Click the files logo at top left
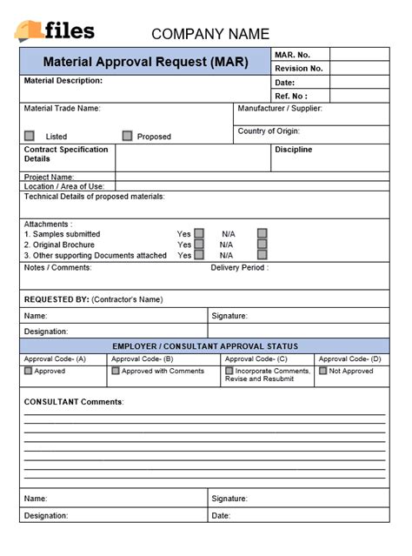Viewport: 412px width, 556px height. [x=54, y=30]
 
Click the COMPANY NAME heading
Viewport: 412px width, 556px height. [x=210, y=35]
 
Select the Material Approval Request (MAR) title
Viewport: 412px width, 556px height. [x=145, y=63]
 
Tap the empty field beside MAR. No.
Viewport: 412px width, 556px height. [x=359, y=54]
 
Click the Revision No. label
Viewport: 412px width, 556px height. [x=298, y=68]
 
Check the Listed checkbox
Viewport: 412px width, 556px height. [x=30, y=136]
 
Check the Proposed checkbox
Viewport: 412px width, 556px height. [x=127, y=136]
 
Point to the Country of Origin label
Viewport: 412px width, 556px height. [x=269, y=131]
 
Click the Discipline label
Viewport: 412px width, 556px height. [x=293, y=150]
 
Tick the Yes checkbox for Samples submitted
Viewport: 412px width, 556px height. [x=199, y=233]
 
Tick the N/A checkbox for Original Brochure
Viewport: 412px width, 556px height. [x=262, y=245]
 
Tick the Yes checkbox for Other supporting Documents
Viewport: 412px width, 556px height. [x=199, y=255]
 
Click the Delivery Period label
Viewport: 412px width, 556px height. [x=239, y=268]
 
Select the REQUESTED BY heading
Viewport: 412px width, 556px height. [x=93, y=299]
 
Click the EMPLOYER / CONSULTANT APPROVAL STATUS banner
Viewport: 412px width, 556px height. [x=205, y=346]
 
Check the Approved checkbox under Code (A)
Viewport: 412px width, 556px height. [x=29, y=371]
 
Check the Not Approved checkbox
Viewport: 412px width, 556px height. [x=322, y=371]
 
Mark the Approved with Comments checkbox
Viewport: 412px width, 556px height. [x=116, y=371]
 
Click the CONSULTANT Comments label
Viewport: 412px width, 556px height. [x=74, y=402]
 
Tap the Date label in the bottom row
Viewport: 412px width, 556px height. [x=221, y=515]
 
